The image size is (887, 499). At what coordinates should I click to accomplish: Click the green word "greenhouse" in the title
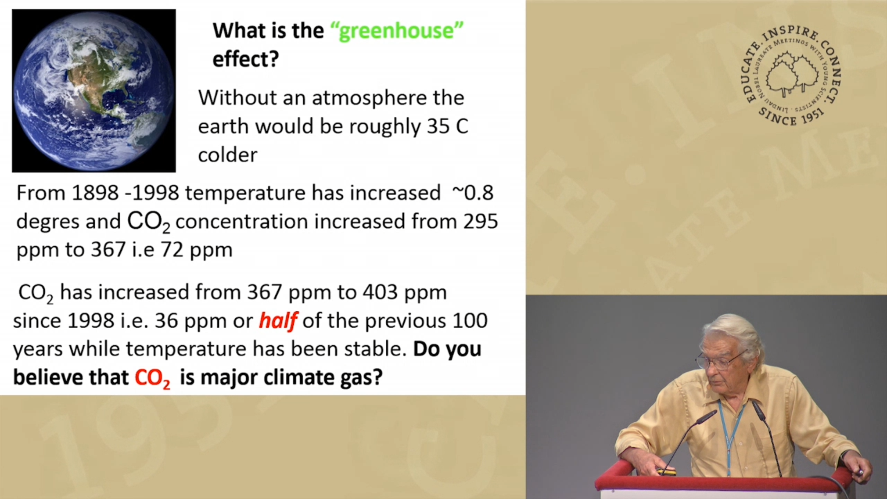click(397, 31)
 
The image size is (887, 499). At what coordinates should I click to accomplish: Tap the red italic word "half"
click(278, 320)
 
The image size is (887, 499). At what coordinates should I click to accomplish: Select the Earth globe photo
click(94, 91)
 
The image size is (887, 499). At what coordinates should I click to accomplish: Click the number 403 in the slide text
click(380, 292)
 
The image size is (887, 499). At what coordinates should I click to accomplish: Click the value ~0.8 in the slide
click(473, 193)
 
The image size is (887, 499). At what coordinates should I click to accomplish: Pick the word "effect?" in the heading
click(246, 59)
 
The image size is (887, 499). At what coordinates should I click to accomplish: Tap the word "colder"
click(228, 155)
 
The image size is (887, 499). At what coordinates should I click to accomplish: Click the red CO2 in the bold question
click(152, 378)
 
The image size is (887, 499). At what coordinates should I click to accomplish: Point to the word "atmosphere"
click(370, 98)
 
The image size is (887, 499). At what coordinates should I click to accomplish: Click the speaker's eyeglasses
click(718, 361)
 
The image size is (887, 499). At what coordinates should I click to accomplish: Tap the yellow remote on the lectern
click(667, 472)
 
